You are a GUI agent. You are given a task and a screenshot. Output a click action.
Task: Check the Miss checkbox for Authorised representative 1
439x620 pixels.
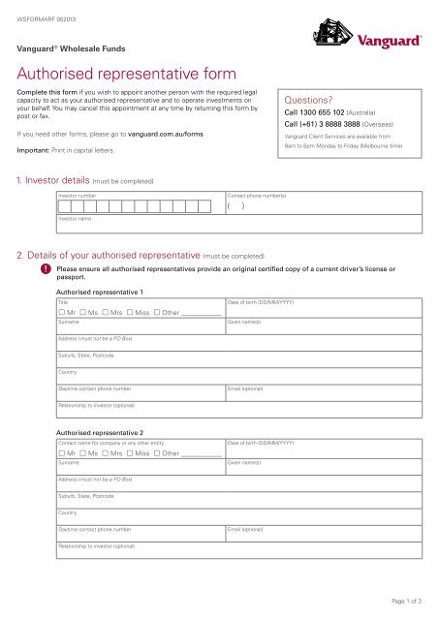click(129, 314)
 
